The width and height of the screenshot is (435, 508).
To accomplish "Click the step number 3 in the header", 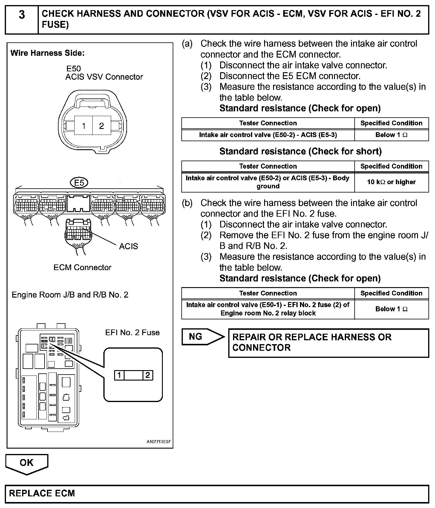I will (22, 15).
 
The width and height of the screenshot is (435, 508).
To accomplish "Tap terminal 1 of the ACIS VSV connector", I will (84, 126).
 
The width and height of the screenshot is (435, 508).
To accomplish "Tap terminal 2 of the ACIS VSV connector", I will (102, 126).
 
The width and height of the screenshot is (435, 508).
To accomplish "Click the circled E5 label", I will (79, 182).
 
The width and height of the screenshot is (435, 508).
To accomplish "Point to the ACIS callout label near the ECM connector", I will (128, 246).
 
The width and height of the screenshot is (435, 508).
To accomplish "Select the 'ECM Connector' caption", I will (82, 267).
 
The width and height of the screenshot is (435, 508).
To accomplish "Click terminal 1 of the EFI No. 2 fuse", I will (119, 375).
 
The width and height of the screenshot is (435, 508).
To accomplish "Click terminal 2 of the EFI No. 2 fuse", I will (148, 375).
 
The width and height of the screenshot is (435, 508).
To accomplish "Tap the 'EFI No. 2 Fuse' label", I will (132, 332).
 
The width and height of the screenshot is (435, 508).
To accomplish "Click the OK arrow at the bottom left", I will (27, 463).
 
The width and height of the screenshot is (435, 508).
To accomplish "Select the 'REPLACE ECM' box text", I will (42, 493).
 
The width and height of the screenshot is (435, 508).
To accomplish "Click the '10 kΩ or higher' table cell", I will (391, 182).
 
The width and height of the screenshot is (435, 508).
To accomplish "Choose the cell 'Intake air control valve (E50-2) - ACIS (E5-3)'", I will (268, 135).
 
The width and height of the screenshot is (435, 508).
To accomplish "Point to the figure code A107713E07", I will (158, 442).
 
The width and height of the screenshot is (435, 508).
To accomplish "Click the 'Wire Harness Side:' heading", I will (48, 53).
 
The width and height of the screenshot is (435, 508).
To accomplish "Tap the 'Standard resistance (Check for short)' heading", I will (300, 151).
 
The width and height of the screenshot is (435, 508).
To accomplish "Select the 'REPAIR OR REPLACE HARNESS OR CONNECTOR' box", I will (328, 343).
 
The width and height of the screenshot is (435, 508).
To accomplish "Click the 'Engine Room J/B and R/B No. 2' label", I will (70, 295).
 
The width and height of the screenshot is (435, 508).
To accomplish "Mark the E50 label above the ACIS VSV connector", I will (73, 69).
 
